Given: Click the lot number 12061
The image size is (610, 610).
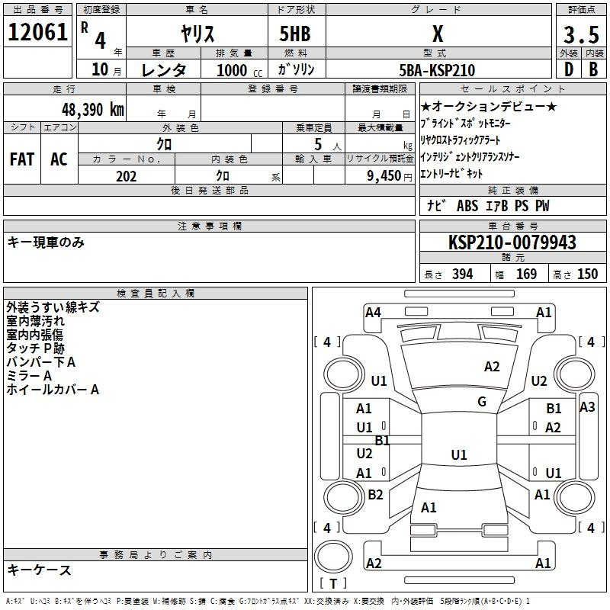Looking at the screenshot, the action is point(37,32).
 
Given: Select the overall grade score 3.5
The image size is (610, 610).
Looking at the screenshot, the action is point(581,34).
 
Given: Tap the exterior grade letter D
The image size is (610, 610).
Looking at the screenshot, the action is point(569,69).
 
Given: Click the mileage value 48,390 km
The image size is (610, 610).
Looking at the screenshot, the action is point(92,110).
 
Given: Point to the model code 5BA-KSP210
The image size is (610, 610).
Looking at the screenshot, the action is point(437,70).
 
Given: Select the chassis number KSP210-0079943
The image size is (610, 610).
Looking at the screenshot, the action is point(512,242).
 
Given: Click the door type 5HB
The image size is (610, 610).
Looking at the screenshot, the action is point(295,34).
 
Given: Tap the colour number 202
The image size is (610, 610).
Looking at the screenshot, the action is point(126,176).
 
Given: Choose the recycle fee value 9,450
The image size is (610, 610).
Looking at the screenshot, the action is point(384,176).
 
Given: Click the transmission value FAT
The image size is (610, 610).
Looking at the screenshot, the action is point(22,159).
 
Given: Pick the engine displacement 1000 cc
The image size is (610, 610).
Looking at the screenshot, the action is point(239,70).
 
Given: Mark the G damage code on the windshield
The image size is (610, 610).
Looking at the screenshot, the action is point(482,402).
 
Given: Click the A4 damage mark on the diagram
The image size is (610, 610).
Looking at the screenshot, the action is point(373,313).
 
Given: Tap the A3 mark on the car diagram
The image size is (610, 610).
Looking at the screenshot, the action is point(587,407).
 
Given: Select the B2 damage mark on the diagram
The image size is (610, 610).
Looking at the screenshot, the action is point(375,494).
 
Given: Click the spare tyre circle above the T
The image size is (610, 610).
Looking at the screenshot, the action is point(333,556).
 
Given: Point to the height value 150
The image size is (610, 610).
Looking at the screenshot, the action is point(587,274).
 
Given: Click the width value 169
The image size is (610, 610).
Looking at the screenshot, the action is point(526,274).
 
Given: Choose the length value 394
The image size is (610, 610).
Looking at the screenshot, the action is point(463,274).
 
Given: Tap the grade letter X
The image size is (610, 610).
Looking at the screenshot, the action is point(438,34).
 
